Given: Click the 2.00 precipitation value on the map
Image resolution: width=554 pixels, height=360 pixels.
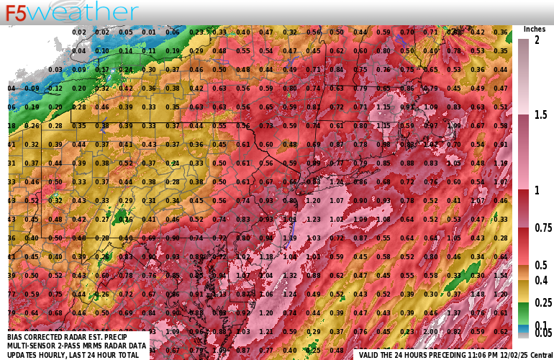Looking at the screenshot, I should pyautogui.click(x=430, y=331).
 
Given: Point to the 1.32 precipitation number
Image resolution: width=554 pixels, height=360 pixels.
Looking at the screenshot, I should pyautogui.click(x=290, y=275).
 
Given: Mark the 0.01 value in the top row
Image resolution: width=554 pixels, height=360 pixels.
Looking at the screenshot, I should pyautogui.click(x=149, y=32).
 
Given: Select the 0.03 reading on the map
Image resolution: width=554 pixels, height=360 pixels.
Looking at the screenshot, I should pyautogui.click(x=56, y=69).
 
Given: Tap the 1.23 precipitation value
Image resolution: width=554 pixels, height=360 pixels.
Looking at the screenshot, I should pyautogui.click(x=312, y=219).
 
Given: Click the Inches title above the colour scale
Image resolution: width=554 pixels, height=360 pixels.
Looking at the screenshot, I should pyautogui.click(x=534, y=29).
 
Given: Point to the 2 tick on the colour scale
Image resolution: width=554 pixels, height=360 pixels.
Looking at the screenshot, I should pyautogui.click(x=536, y=40).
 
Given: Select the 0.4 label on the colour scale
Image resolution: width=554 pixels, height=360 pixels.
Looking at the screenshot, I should pyautogui.click(x=540, y=279).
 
